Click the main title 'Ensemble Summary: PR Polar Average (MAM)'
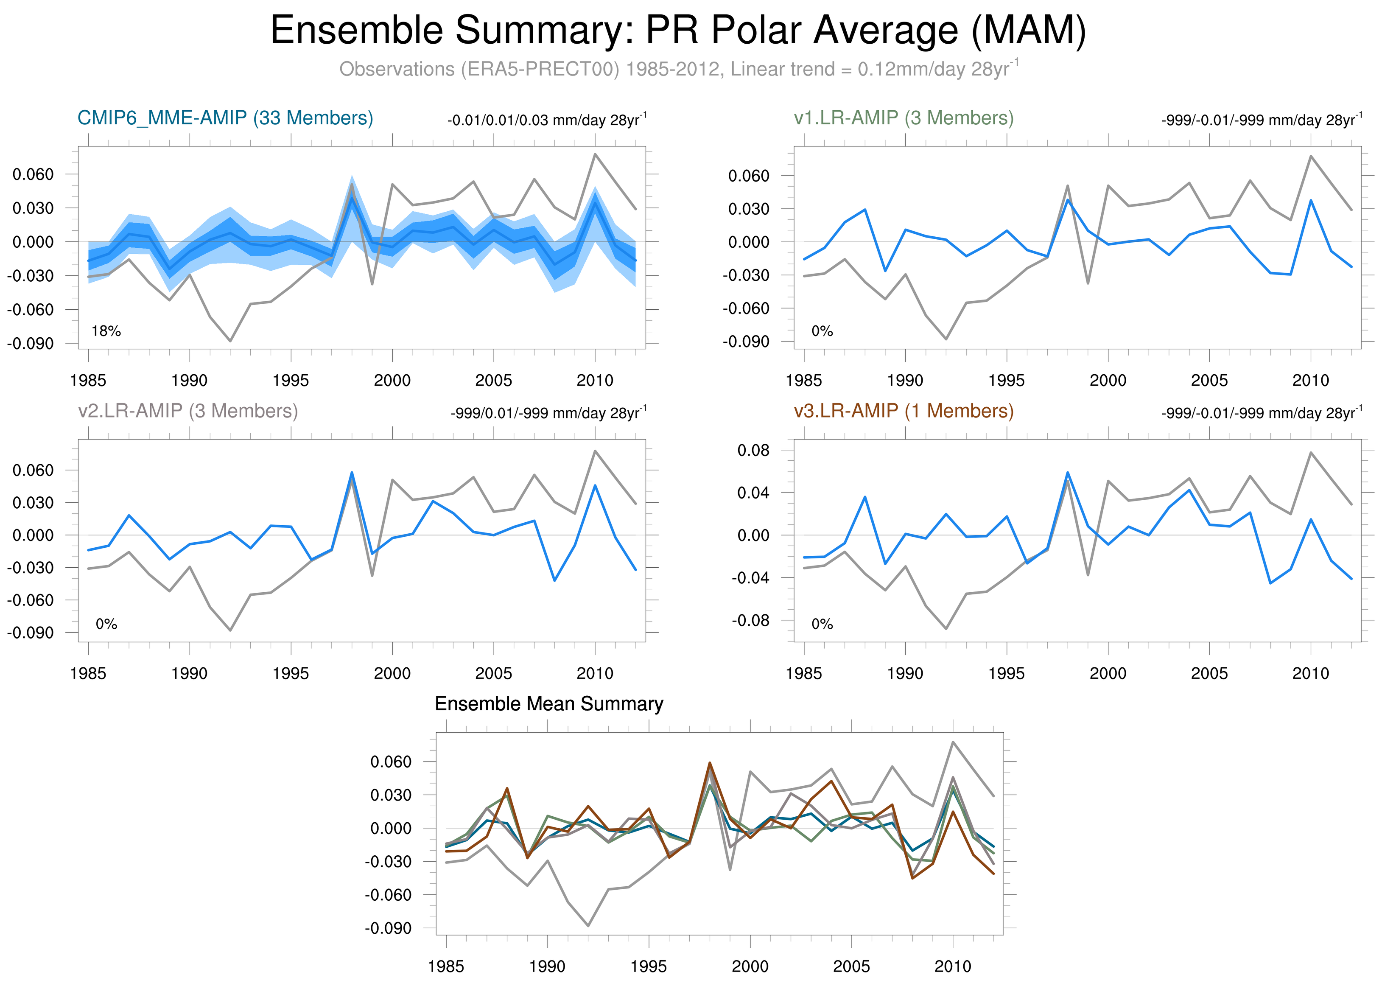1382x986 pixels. [677, 31]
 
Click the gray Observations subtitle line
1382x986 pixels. [677, 69]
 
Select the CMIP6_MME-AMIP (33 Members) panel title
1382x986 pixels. [225, 118]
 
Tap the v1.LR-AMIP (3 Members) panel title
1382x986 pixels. [903, 118]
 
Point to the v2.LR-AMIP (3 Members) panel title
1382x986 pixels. [187, 411]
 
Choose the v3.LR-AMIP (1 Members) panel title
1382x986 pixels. [903, 411]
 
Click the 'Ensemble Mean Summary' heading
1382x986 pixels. [548, 704]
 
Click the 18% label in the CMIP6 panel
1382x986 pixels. [106, 331]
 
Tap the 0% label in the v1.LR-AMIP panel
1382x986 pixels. [822, 331]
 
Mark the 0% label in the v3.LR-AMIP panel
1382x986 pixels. [822, 624]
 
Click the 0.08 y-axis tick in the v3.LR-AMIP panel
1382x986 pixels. [753, 451]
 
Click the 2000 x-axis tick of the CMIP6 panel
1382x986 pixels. [392, 381]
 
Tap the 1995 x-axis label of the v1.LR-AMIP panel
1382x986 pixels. [1006, 381]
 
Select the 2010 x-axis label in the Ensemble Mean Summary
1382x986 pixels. [952, 966]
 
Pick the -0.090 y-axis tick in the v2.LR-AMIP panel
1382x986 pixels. [31, 633]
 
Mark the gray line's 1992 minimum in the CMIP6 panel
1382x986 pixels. [230, 341]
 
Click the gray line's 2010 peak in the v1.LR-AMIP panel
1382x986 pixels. [1311, 156]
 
